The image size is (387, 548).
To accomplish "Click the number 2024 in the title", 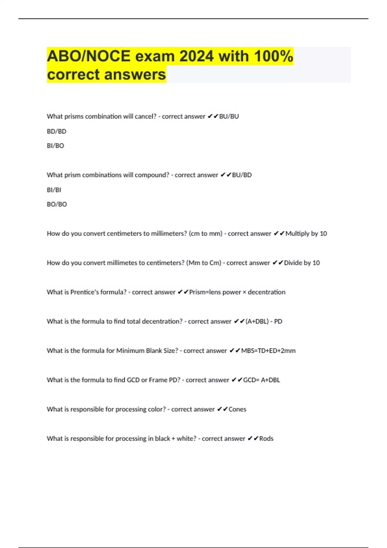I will (196, 56).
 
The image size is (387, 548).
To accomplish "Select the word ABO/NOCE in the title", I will (88, 56).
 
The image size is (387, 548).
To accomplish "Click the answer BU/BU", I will (229, 116).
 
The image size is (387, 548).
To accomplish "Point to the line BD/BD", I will (56, 131).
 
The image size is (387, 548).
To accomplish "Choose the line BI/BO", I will (55, 146).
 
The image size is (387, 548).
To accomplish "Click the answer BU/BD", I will (242, 175).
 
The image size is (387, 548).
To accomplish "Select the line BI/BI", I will (54, 190).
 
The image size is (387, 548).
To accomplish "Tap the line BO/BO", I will (57, 204).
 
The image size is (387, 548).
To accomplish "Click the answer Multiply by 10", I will (306, 233).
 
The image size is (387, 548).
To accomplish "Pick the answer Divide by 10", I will (302, 263).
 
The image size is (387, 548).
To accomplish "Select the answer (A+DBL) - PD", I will (264, 321).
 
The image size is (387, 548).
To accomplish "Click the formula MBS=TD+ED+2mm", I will (268, 351).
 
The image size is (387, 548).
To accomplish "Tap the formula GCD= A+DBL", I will (262, 380).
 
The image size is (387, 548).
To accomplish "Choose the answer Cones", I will (237, 409).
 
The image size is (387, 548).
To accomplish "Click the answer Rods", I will (266, 439).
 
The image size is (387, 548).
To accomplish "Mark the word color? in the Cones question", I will (157, 409).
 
